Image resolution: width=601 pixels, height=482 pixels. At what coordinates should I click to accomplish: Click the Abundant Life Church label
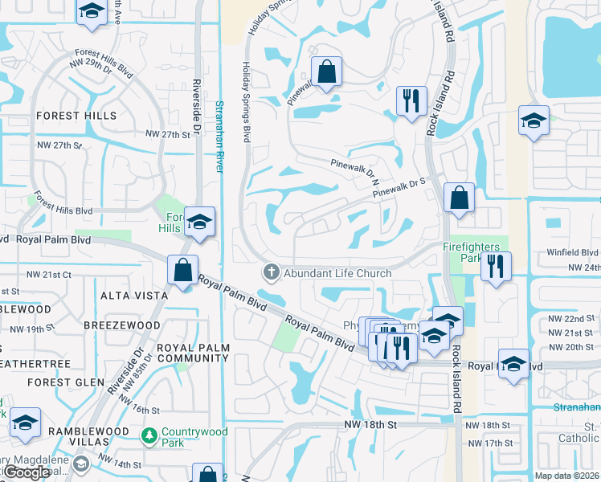click(337, 273)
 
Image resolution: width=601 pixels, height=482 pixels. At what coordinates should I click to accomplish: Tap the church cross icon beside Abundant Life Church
click(271, 273)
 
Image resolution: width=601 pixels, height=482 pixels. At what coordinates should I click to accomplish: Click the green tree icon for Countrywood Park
click(148, 437)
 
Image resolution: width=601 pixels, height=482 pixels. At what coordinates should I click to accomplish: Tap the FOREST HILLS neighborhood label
click(71, 116)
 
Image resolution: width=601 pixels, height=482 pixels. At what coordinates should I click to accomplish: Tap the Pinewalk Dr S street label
click(399, 188)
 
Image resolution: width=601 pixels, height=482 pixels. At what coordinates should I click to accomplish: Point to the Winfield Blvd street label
click(574, 252)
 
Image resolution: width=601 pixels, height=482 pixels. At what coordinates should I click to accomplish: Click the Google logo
click(27, 472)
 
